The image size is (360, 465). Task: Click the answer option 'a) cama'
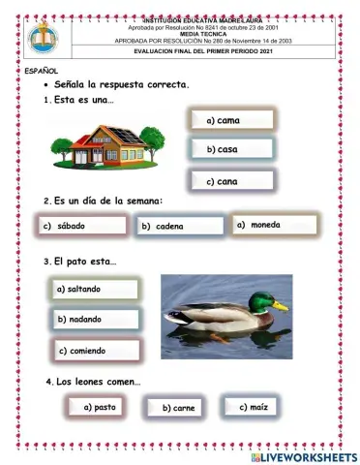[x=230, y=120]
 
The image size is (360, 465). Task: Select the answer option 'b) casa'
[x=230, y=150]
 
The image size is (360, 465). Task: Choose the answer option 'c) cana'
[x=230, y=181]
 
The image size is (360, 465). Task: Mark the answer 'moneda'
[x=275, y=225]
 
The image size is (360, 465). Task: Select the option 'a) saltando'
[x=96, y=289]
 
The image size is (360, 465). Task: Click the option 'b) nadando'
[x=96, y=319]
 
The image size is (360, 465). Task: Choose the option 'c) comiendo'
[x=96, y=351]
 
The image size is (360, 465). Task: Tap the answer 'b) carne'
[x=180, y=409]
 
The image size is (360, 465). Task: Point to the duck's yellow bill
[x=281, y=306]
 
